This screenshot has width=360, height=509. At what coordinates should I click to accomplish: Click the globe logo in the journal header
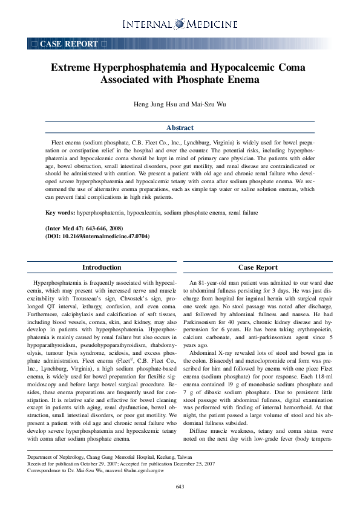[180, 24]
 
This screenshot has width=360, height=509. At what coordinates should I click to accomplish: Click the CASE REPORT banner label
[68, 44]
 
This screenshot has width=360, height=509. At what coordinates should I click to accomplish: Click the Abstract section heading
[180, 128]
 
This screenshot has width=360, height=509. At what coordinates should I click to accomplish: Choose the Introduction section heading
[102, 267]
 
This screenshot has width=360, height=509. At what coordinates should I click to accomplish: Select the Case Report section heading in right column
[258, 267]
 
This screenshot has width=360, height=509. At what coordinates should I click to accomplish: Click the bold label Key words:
[61, 213]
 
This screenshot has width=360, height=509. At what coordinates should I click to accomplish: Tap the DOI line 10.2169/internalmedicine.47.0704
[97, 236]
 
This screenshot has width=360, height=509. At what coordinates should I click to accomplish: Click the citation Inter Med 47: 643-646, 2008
[85, 228]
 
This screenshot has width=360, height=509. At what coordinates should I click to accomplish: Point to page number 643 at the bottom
[180, 487]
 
